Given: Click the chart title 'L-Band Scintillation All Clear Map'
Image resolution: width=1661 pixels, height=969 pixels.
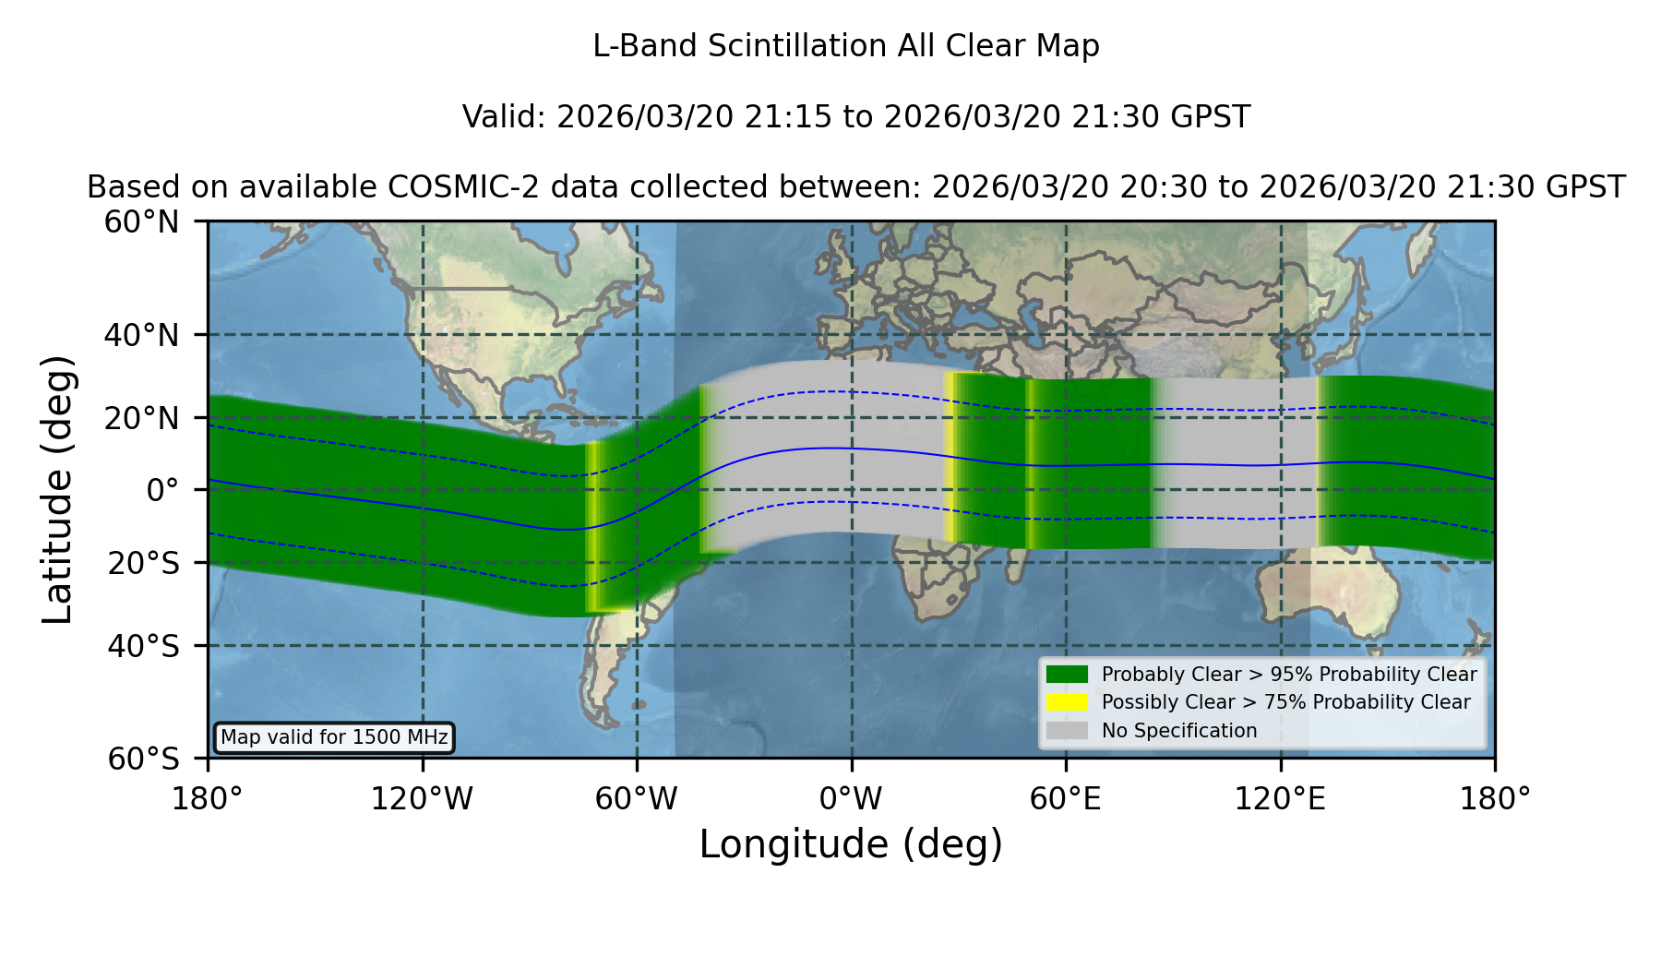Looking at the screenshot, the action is (x=846, y=46).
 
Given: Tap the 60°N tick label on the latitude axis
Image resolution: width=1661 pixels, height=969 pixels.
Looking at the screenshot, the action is (x=141, y=222).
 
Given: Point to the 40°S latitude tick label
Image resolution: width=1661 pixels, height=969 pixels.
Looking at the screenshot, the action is (x=143, y=646).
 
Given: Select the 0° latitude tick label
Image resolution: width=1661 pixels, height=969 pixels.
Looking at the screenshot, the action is (x=162, y=490).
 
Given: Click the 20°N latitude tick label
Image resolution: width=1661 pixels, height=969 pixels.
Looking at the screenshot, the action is (x=141, y=418).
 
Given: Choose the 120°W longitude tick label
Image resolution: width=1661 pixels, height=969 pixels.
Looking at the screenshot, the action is (x=423, y=798).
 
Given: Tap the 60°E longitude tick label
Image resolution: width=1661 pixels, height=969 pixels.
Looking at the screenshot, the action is (x=1066, y=798).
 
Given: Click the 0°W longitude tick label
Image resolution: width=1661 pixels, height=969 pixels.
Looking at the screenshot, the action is (x=852, y=798).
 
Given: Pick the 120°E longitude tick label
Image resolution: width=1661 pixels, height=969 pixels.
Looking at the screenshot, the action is (x=1281, y=798).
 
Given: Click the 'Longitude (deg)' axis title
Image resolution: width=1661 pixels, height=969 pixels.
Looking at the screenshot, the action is (x=851, y=844).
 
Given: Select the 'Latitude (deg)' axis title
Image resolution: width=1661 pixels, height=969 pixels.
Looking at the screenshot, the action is (x=57, y=489).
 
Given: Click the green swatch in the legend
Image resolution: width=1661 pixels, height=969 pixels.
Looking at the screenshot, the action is (x=1068, y=675).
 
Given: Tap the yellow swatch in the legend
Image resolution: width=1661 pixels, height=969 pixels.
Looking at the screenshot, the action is (x=1068, y=702).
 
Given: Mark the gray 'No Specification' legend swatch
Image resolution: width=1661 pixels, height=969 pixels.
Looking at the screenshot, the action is (x=1068, y=731).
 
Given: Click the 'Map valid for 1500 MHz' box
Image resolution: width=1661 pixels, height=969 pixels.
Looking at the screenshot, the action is (x=334, y=737).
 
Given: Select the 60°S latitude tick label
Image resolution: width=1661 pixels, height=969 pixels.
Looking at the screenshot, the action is (x=143, y=759).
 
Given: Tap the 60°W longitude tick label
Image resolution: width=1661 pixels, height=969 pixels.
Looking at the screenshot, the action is (x=637, y=798).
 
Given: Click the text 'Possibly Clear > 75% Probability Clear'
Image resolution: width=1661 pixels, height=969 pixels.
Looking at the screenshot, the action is (x=1286, y=702).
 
